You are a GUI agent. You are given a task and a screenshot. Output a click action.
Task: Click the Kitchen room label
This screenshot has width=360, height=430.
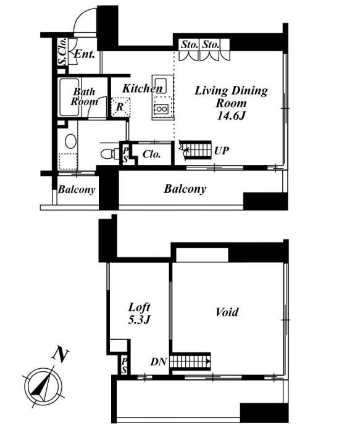pyautogui.click(x=142, y=88)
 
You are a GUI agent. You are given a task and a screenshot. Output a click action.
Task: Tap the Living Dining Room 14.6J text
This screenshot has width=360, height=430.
pyautogui.click(x=231, y=103)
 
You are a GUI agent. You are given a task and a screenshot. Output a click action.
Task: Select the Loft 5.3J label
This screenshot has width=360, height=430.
pyautogui.click(x=140, y=313)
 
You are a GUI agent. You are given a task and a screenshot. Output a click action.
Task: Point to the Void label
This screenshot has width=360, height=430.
pyautogui.click(x=227, y=312)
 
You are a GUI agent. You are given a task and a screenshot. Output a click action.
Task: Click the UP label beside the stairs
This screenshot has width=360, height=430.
pyautogui.click(x=222, y=151)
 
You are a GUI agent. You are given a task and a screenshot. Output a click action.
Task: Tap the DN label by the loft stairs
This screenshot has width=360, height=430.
pyautogui.click(x=159, y=361)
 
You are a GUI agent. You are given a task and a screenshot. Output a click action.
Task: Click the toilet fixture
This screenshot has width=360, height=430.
pyautogui.click(x=109, y=154)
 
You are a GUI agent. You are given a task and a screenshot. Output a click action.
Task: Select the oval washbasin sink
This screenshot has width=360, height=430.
pyautogui.click(x=71, y=141)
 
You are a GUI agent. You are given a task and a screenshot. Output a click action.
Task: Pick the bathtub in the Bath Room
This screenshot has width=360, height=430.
pyautogui.click(x=69, y=98)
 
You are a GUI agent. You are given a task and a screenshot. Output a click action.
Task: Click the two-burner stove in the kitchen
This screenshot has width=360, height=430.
pyautogui.click(x=161, y=109)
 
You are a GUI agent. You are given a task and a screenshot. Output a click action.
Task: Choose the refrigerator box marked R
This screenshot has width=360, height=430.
pyautogui.click(x=120, y=107)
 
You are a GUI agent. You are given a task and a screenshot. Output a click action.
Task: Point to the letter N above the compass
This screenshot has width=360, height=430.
pyautogui.click(x=61, y=354)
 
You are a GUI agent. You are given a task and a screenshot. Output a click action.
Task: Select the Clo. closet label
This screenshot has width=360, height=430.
pyautogui.click(x=151, y=154)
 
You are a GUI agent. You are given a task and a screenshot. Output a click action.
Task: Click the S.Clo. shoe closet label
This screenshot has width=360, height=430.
pyautogui.click(x=63, y=51)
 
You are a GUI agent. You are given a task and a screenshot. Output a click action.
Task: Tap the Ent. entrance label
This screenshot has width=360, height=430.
pyautogui.click(x=85, y=54)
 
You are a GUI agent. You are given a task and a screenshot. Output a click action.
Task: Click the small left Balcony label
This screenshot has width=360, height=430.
pyautogui.click(x=77, y=190)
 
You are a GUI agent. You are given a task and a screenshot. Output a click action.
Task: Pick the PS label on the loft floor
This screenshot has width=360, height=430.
pyautogui.click(x=124, y=366)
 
